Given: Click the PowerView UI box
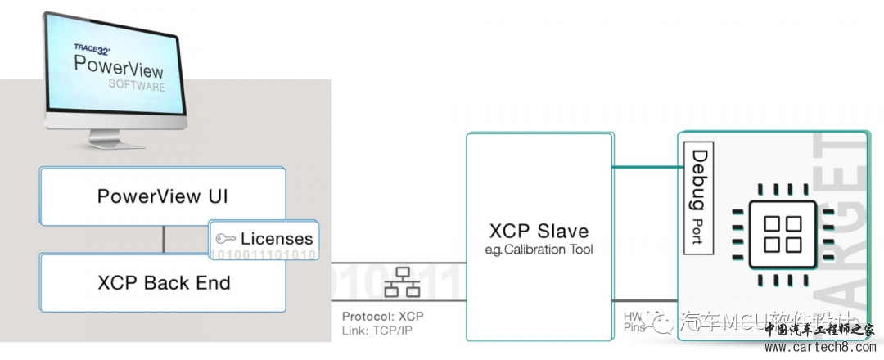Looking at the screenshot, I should coord(163,196).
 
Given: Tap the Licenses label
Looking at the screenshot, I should coord(276,239).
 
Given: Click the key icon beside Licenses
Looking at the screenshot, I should coord(225,239).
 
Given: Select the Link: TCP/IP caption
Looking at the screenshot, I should coord(377,331).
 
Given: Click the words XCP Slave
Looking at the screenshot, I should coord(538,230).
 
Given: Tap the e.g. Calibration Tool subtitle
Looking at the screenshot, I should coord(538,249).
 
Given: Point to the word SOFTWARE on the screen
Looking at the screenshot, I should coord(137,85).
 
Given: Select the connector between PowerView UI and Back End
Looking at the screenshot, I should coord(164,239).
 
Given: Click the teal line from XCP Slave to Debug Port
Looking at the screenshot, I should coord(646,169).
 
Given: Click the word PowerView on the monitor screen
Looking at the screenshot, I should coord(120,65).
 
